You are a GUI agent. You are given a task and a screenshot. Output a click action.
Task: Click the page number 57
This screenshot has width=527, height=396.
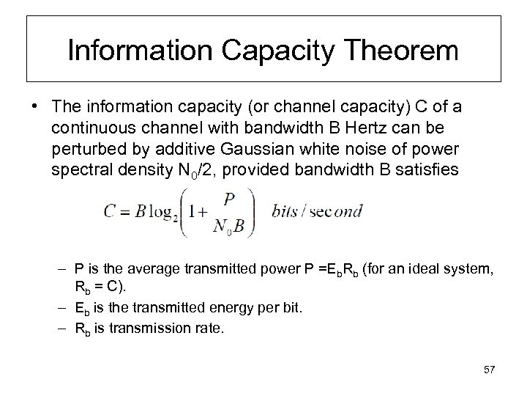pyautogui.click(x=489, y=368)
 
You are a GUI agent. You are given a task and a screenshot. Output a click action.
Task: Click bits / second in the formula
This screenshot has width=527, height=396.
pyautogui.click(x=317, y=212)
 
